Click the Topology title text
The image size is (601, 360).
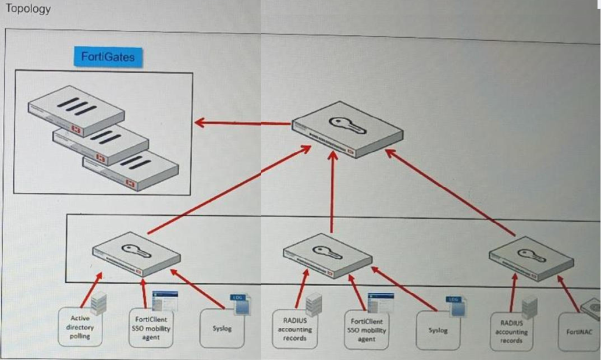coord(27,9)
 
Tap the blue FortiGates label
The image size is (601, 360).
coord(109,56)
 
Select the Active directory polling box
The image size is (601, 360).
coord(80,327)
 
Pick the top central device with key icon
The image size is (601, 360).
coord(347,131)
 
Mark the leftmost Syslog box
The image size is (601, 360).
coord(222,329)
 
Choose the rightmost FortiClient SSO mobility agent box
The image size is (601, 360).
coord(366,330)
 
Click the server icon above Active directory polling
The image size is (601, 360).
coord(98,302)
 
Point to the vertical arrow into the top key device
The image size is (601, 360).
coord(333,192)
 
